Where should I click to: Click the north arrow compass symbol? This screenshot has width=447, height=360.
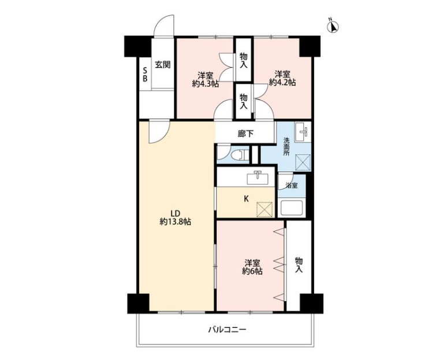(x=333, y=25)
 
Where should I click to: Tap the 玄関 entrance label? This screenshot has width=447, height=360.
(x=162, y=65)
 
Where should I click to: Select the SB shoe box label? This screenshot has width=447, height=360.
(x=145, y=74)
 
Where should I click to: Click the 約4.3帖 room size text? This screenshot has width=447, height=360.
(x=205, y=84)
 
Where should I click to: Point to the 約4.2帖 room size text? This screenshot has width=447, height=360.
(x=282, y=83)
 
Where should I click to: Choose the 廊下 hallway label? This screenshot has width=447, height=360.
(x=245, y=133)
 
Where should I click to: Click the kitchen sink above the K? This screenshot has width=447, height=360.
(x=258, y=178)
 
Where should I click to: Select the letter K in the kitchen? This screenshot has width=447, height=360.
(x=246, y=199)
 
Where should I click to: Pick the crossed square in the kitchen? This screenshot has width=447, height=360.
(x=265, y=209)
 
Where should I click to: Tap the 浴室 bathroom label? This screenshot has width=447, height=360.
(x=291, y=185)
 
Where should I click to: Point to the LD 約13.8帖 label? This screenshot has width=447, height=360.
(x=175, y=217)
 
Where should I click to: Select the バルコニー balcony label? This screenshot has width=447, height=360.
(x=227, y=331)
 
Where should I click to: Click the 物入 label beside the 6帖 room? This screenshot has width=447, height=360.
(x=299, y=265)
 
